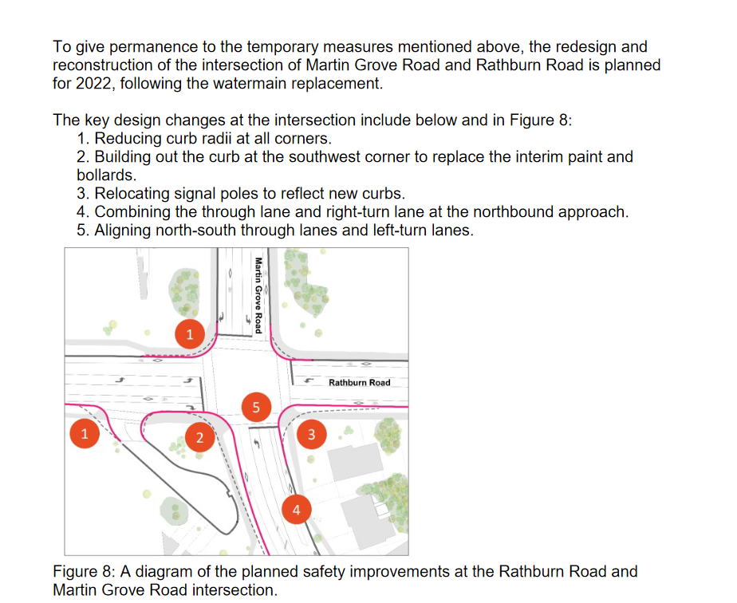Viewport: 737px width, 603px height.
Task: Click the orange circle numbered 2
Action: click(199, 437)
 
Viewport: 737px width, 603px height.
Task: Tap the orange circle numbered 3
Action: click(312, 434)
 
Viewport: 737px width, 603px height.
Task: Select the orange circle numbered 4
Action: click(296, 510)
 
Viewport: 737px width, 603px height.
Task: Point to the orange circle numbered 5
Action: click(256, 407)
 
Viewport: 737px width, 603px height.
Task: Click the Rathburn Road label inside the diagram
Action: click(360, 383)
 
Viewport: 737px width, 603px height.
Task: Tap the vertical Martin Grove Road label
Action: click(258, 295)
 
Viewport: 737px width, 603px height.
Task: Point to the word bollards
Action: click(106, 175)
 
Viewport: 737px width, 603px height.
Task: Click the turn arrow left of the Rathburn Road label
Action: click(309, 380)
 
